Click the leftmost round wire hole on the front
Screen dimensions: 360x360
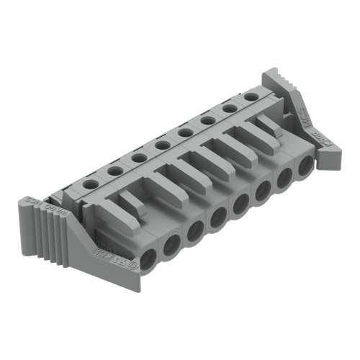pyautogui.click(x=148, y=259)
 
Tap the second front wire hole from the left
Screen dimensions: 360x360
pyautogui.click(x=171, y=246)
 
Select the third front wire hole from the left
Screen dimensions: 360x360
pyautogui.click(x=194, y=233)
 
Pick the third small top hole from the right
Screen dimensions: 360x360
pyautogui.click(x=207, y=120)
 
